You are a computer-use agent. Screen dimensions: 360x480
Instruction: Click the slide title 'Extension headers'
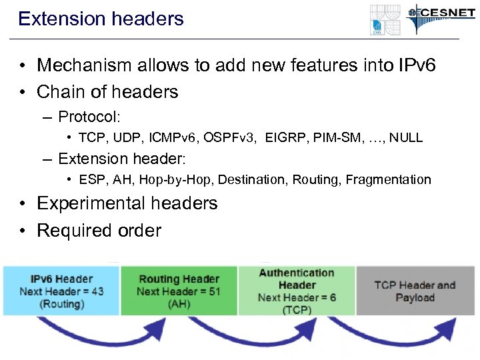pos(101,19)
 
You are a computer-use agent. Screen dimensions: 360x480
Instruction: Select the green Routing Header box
pos(178,291)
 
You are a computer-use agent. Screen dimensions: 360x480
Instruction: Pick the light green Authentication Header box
pos(297,291)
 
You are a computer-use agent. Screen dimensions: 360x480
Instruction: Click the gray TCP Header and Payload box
pos(415,291)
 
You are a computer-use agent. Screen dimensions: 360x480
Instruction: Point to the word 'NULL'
pos(406,138)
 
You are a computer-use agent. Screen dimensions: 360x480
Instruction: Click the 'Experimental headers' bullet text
pos(127,203)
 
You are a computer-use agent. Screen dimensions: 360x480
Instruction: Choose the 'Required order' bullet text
pos(99,231)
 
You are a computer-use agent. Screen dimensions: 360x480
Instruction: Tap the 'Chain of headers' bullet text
pos(107,91)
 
